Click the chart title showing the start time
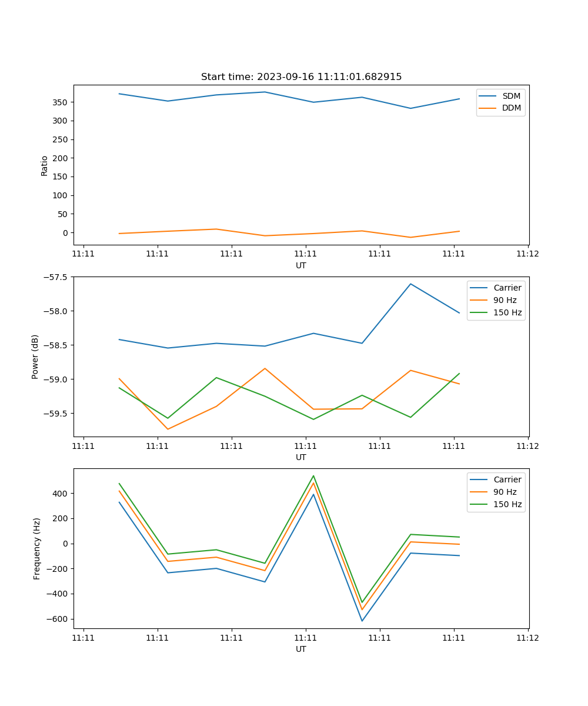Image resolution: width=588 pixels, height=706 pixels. click(x=301, y=77)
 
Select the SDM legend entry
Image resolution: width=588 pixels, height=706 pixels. click(x=511, y=96)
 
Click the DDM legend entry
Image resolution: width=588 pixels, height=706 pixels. click(x=511, y=108)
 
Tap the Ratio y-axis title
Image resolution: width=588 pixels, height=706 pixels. click(x=45, y=165)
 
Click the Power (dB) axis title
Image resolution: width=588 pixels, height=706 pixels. click(x=35, y=357)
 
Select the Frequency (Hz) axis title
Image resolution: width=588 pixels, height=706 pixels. click(x=37, y=548)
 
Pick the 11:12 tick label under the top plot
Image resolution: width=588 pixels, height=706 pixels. click(x=527, y=254)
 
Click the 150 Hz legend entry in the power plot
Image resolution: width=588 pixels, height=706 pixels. click(x=507, y=312)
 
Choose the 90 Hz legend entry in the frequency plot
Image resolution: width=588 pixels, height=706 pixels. click(x=505, y=492)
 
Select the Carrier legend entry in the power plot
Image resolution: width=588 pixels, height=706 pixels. click(x=507, y=288)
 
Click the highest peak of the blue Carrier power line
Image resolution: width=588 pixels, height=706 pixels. click(x=410, y=284)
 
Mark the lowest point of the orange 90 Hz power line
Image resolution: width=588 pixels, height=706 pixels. click(x=168, y=429)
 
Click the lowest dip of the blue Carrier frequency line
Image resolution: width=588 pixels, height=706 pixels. click(x=362, y=621)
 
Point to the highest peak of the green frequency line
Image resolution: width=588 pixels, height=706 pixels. click(x=313, y=476)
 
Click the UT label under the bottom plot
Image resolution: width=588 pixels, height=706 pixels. click(x=301, y=649)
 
